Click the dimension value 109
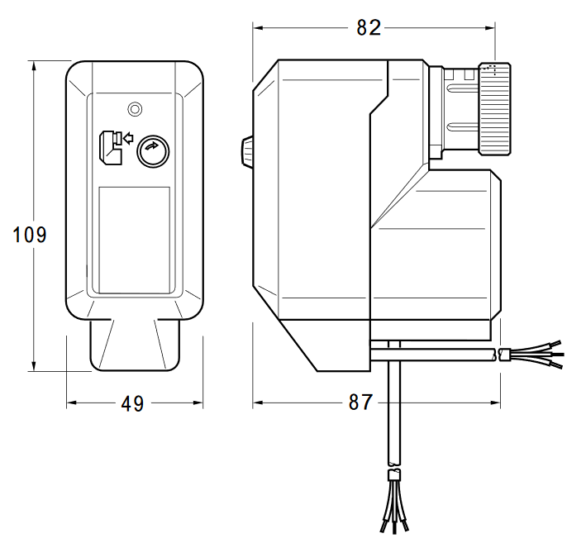pyautogui.click(x=31, y=235)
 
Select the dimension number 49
pyautogui.click(x=132, y=404)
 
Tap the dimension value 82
pyautogui.click(x=369, y=27)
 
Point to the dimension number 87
pyautogui.click(x=360, y=403)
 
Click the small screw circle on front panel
pyautogui.click(x=134, y=109)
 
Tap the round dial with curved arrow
pyautogui.click(x=152, y=150)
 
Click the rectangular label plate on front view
pyautogui.click(x=134, y=240)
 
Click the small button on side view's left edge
pyautogui.click(x=246, y=151)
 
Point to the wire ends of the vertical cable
pyautogui.click(x=394, y=506)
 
